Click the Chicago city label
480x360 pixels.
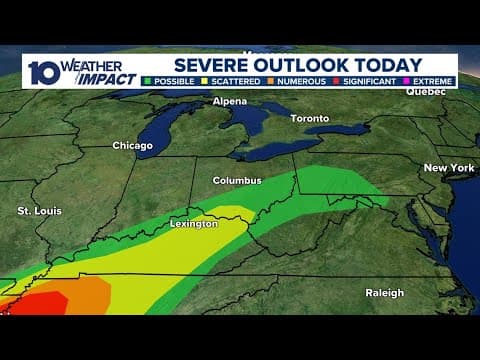[132, 146]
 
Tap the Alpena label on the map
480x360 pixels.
[229, 102]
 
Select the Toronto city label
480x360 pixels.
[309, 118]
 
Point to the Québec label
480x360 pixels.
[424, 91]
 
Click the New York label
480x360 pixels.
[448, 168]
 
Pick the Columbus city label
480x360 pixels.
[237, 181]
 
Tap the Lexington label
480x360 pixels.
[193, 224]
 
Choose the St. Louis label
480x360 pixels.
[40, 212]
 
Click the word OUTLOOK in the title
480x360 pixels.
[315, 64]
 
